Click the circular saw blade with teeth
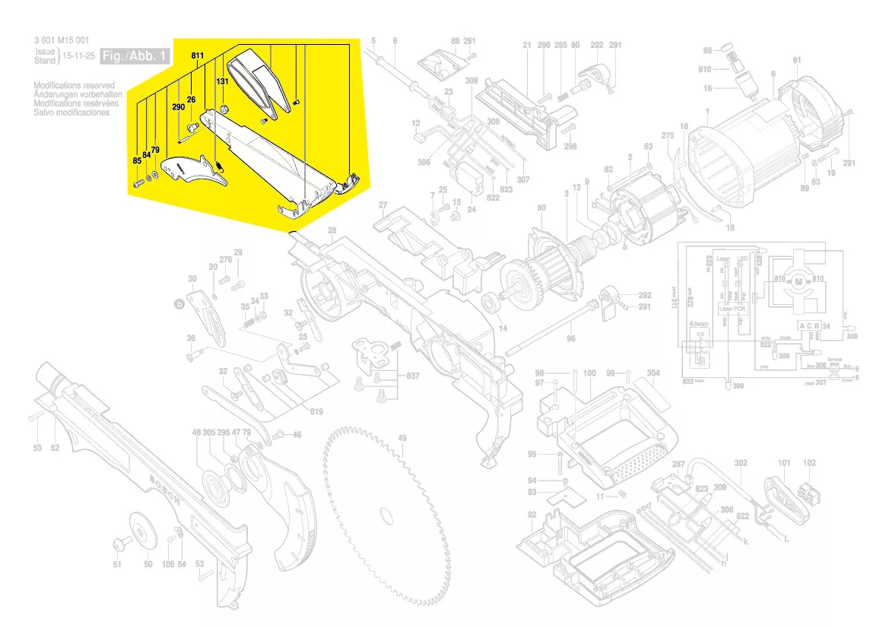coord(388,517)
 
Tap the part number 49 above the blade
coord(402,438)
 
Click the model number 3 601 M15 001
coord(62,41)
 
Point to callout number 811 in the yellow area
coord(198,56)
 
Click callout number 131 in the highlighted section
coord(222,81)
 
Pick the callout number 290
coord(179,108)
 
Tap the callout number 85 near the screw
coord(137,160)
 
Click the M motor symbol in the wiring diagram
coord(799,282)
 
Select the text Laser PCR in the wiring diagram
coord(733,310)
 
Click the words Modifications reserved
coord(75,86)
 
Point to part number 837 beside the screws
coord(412,377)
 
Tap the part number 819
coord(316,412)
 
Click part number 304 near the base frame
coord(653,373)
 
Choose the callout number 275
coord(668,136)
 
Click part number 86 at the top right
coord(707,51)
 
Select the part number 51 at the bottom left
coord(117,564)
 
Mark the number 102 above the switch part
coord(809,462)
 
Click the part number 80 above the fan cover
coord(541,208)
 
